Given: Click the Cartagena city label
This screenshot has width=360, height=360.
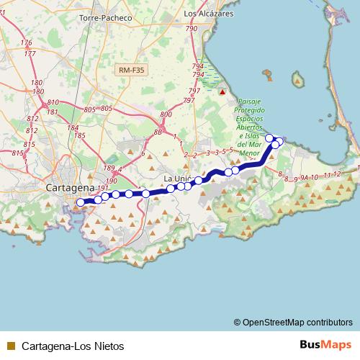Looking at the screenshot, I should tap(70, 188).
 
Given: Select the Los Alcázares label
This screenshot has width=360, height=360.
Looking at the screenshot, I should tap(210, 14).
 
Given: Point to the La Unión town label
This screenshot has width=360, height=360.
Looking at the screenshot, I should tap(177, 178).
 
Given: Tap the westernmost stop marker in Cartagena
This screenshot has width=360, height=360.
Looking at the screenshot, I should tap(80, 202).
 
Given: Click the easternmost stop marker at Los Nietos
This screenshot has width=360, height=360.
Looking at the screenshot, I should tap(279, 140).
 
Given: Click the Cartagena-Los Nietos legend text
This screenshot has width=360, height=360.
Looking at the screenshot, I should tap(63, 346).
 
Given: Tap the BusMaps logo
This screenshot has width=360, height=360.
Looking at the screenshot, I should tap(325, 345).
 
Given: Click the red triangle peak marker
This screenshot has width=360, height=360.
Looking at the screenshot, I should tap(222, 92).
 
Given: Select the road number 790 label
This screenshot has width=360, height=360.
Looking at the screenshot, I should tap(192, 29).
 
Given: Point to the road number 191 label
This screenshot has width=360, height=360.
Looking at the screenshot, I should tap(102, 188).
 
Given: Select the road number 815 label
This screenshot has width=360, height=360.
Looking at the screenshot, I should tap(28, 145).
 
